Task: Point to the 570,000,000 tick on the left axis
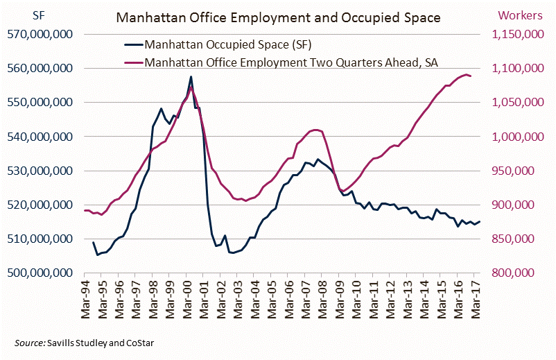coord(48,34)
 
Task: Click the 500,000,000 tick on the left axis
coord(48,273)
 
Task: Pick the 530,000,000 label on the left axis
coord(48,171)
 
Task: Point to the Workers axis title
coord(519,15)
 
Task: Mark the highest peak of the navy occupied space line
coord(191,76)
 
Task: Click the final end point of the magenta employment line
coord(471,76)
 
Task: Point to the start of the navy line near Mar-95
coord(93,242)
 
